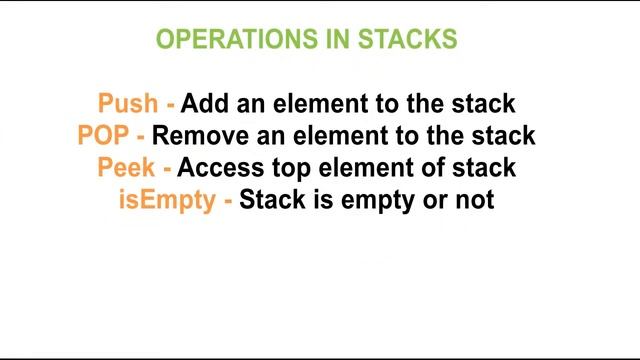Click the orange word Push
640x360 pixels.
(x=128, y=103)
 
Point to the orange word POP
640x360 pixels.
(x=103, y=135)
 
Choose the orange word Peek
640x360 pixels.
(x=126, y=167)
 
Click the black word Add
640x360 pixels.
(x=203, y=103)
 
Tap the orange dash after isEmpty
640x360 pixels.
(x=229, y=200)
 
